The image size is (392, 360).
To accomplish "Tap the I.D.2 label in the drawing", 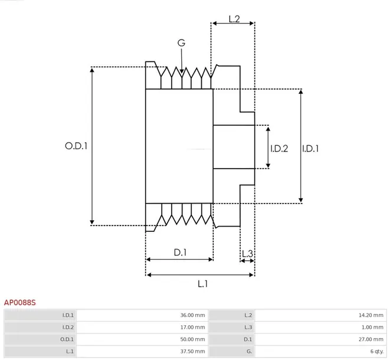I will [279, 148].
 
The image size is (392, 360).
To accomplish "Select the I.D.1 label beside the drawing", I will [311, 148].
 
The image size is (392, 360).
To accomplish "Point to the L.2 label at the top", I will [233, 19].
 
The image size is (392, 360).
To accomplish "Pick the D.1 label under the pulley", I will [180, 252].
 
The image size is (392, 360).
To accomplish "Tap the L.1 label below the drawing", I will [202, 284].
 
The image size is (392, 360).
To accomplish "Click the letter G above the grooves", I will [181, 42].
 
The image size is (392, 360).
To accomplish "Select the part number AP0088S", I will [20, 302].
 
